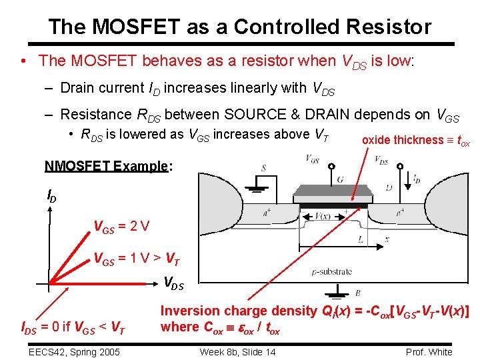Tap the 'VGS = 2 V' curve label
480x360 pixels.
pyautogui.click(x=121, y=227)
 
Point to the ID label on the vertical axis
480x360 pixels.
pyautogui.click(x=51, y=195)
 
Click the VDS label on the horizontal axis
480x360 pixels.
pyautogui.click(x=173, y=283)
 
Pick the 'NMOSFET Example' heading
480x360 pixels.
pyautogui.click(x=105, y=166)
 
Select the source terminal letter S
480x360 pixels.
pyautogui.click(x=264, y=168)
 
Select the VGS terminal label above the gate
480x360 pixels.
pyautogui.click(x=311, y=159)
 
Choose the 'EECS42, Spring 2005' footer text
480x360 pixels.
pyautogui.click(x=74, y=352)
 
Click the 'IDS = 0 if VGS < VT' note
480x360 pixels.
pyautogui.click(x=74, y=327)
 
